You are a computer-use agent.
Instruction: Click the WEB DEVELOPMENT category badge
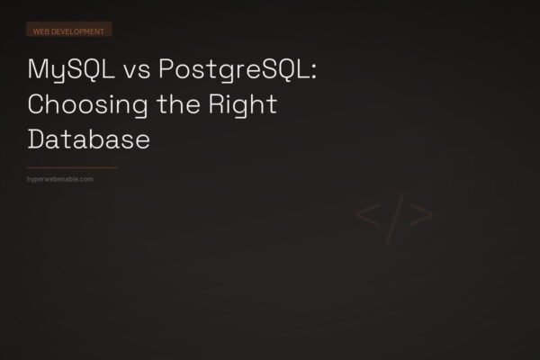[69, 30]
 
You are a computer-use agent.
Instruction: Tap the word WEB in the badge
[40, 30]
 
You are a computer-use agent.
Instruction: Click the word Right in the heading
[247, 105]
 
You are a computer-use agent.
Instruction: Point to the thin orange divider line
[72, 167]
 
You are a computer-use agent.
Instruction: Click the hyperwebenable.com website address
[60, 179]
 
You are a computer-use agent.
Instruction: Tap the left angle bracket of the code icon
[366, 216]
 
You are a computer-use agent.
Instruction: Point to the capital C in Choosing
[36, 105]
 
